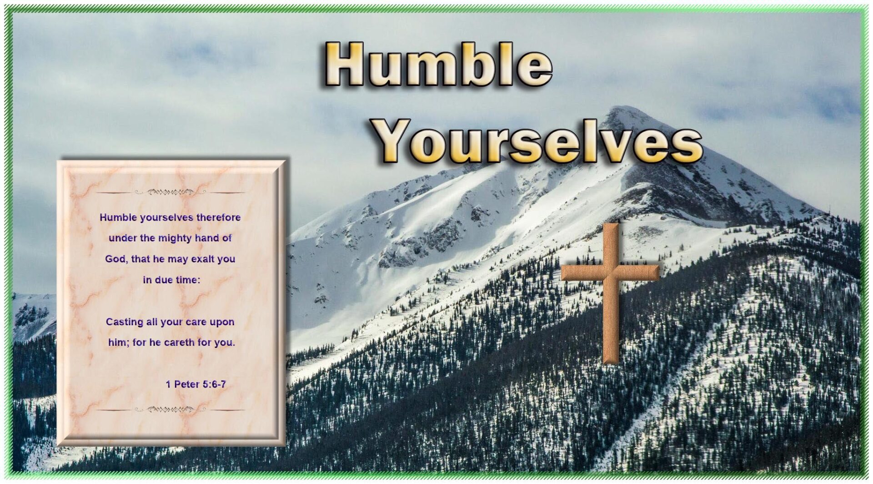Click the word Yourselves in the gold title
538,141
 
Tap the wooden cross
611,293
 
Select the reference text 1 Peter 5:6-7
196,384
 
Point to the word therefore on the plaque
218,217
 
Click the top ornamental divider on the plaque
171,192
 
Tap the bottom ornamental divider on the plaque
171,409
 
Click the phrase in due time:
171,280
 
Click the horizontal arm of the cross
610,272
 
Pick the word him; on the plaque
118,342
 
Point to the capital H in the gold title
345,64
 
